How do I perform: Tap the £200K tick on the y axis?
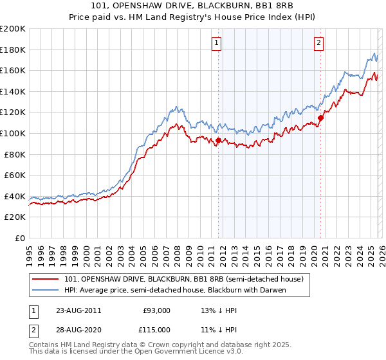(13, 29)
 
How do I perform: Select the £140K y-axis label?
(13, 91)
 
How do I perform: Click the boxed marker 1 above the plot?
(216, 44)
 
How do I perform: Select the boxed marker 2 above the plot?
(318, 44)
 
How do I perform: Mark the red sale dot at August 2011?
(218, 140)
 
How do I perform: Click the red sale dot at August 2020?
(320, 118)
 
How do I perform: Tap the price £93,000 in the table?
(156, 310)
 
